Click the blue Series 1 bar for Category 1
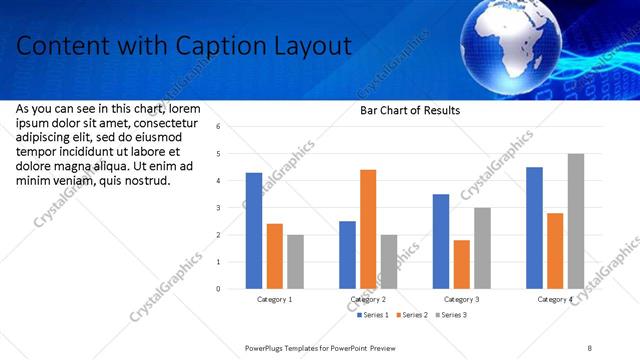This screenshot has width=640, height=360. [x=254, y=231]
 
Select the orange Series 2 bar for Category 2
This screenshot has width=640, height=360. [x=368, y=229]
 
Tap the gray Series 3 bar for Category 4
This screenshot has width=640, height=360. [x=575, y=221]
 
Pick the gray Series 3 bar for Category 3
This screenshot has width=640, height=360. [x=482, y=248]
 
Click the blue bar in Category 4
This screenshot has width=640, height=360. [x=534, y=228]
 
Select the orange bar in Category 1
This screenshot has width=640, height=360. [x=275, y=256]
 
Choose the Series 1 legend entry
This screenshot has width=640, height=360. [x=375, y=315]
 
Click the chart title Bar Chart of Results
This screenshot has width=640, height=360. [x=410, y=110]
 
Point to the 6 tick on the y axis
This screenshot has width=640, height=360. [x=232, y=127]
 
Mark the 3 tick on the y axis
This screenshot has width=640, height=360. [x=232, y=208]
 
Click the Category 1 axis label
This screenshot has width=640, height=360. [x=275, y=299]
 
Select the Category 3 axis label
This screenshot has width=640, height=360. [x=461, y=299]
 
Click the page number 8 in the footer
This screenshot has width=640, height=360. [x=590, y=346]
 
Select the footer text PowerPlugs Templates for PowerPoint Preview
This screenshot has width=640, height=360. [x=320, y=346]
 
